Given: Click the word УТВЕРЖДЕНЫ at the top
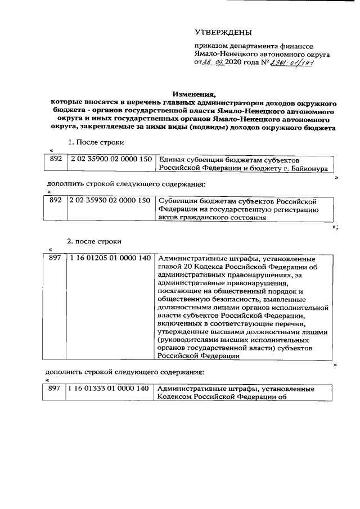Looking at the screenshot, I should [223, 33].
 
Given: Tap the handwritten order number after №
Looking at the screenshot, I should [293, 64].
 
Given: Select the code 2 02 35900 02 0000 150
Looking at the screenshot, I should [110, 159].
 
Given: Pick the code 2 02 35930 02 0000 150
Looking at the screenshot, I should [110, 200].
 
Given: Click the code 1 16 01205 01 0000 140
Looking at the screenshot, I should [110, 259].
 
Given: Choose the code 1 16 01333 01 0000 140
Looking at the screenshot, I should [110, 388].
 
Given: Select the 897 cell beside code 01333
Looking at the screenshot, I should [54, 388].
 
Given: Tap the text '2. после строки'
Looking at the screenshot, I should [94, 241].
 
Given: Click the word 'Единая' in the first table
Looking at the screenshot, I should [171, 160].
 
